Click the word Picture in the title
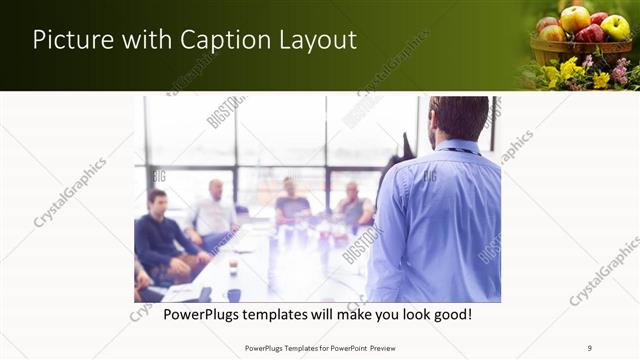click(71, 40)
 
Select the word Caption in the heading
click(221, 40)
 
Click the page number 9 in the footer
click(590, 348)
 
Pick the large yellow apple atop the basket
click(575, 18)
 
